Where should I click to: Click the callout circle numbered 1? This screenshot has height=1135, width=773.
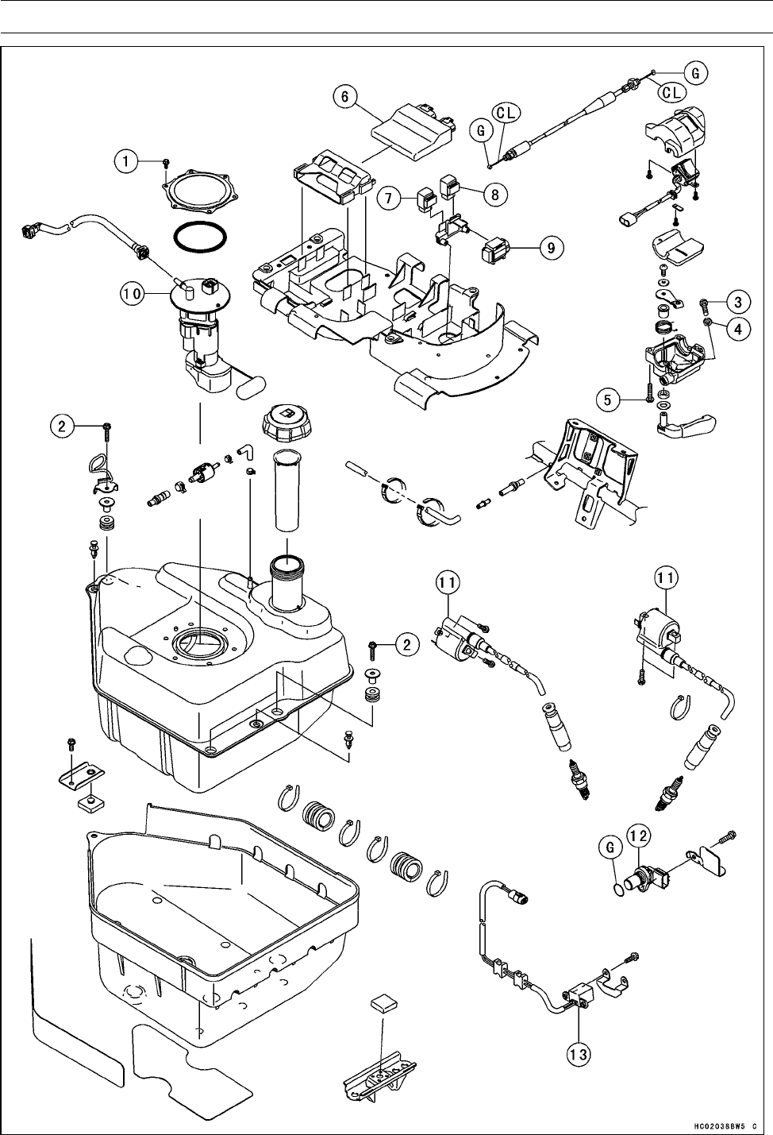tap(126, 162)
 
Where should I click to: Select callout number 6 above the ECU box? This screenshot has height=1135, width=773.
tap(344, 96)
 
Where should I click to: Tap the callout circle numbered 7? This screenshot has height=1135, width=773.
tap(389, 198)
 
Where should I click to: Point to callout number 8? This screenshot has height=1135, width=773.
tap(494, 194)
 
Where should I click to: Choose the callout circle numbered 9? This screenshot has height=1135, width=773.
tap(552, 248)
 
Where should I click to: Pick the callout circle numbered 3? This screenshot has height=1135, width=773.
tap(737, 303)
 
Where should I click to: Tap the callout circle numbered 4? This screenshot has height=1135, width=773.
tap(737, 329)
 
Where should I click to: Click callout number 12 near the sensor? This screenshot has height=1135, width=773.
tap(639, 836)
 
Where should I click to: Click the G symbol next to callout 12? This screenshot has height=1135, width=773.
tap(610, 847)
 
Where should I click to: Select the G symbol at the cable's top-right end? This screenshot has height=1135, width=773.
tap(696, 73)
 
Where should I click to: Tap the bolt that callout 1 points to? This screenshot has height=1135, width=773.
tap(167, 162)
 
